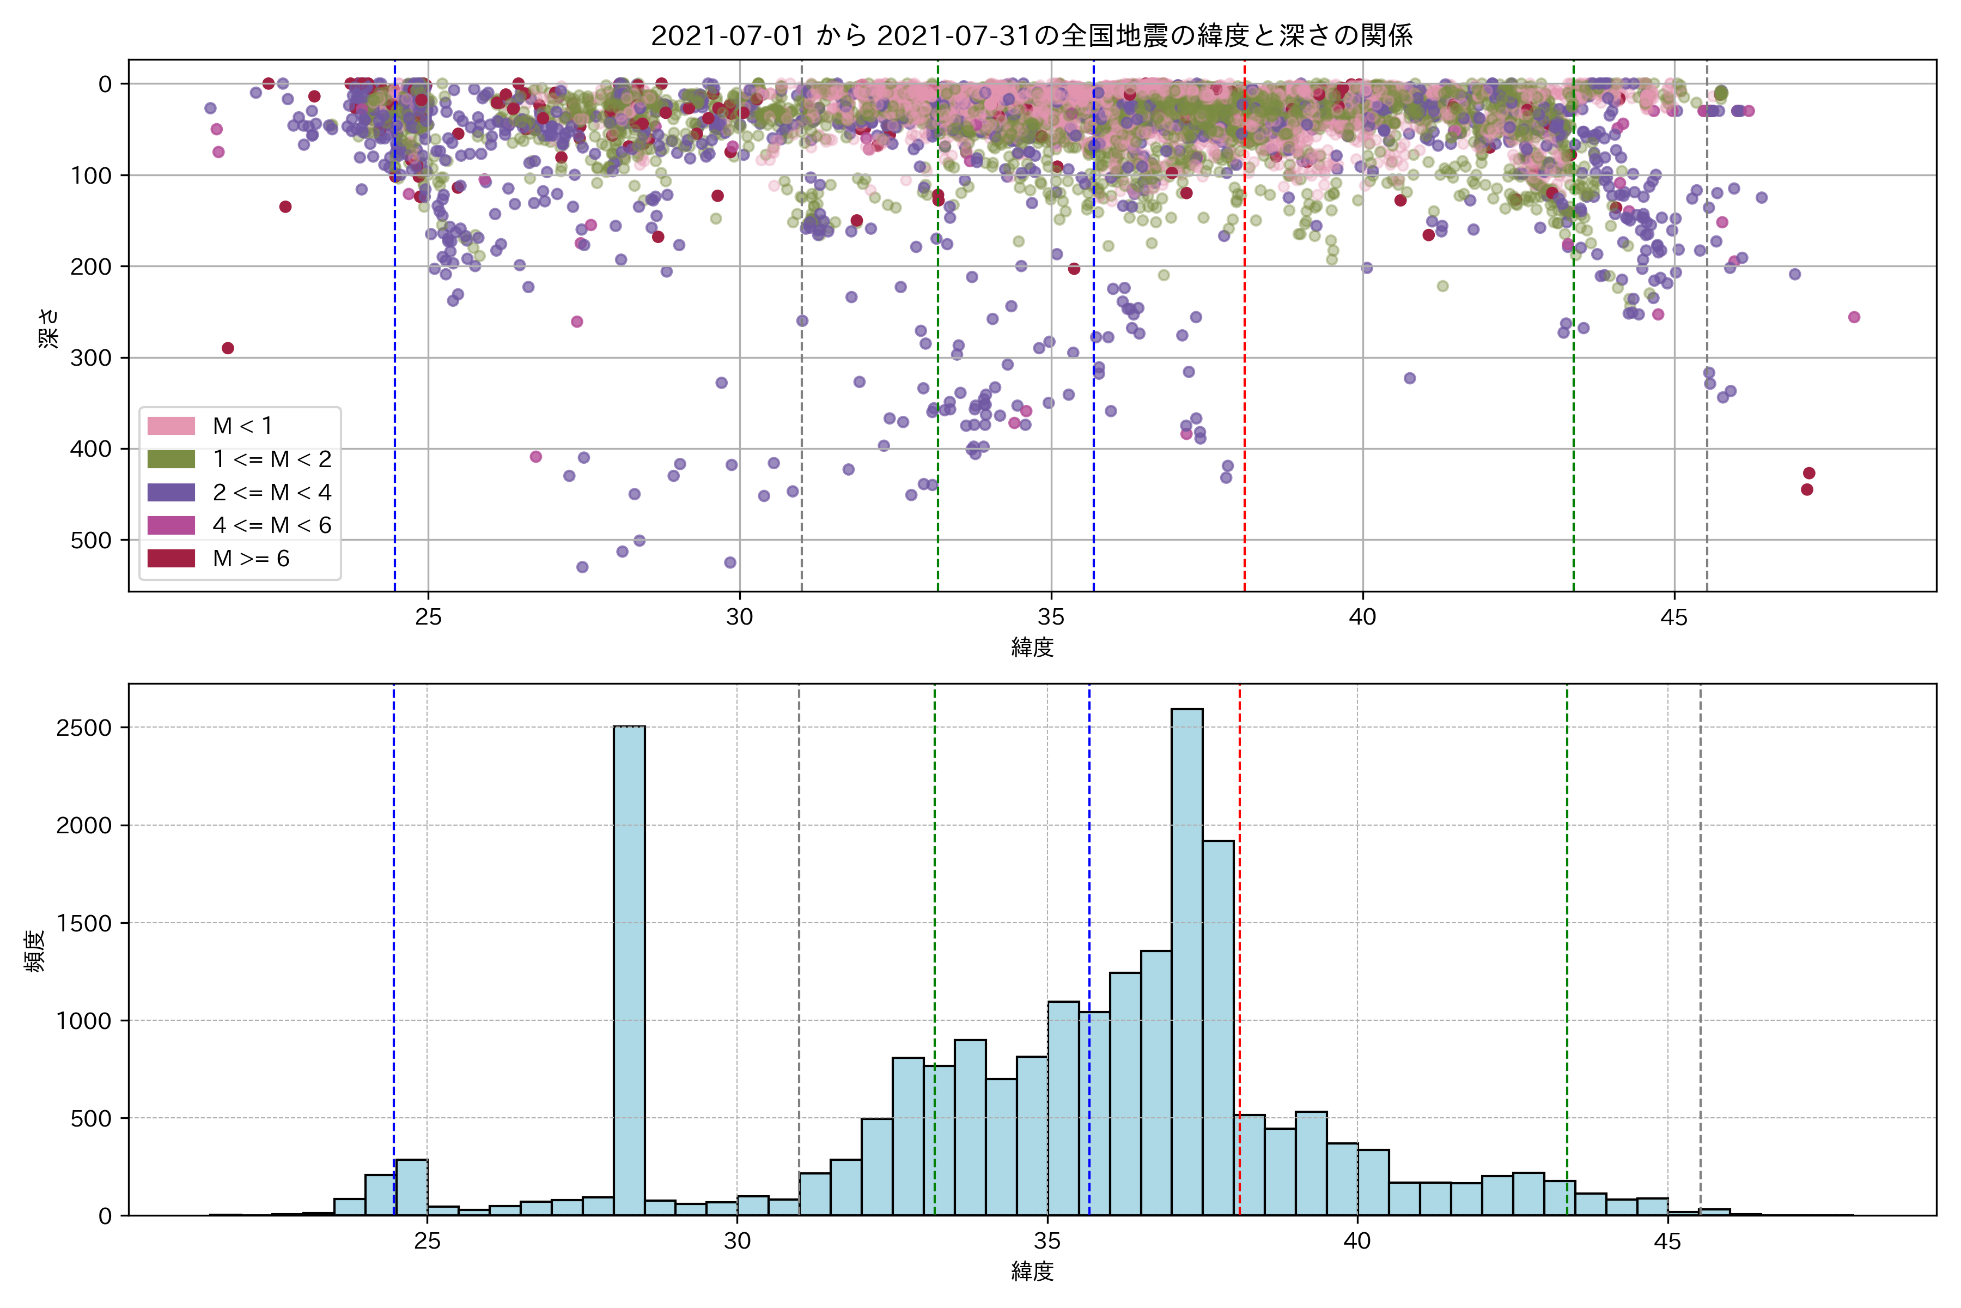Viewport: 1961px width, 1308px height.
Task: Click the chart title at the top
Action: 1031,36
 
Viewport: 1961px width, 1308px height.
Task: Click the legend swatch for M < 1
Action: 171,426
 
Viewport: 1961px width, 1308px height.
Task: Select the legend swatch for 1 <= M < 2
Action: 171,459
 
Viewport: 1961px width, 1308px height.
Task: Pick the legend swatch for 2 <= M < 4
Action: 171,492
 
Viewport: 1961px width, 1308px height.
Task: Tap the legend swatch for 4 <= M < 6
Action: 171,525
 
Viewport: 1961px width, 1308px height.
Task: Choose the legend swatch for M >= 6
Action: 171,559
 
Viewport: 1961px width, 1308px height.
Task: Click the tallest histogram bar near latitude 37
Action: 1186,959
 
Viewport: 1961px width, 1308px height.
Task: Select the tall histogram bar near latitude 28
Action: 629,968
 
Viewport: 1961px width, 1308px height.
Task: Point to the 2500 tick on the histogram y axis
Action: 83,728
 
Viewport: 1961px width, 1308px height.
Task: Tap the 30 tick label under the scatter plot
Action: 740,617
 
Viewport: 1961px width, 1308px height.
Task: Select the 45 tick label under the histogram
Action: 1667,1242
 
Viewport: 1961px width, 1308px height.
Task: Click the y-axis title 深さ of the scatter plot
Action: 49,327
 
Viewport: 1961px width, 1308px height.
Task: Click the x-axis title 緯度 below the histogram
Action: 1032,1271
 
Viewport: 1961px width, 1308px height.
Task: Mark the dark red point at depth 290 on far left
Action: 228,348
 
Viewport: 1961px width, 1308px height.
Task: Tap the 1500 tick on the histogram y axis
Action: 83,923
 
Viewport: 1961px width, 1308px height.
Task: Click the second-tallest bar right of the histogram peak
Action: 1218,1026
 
